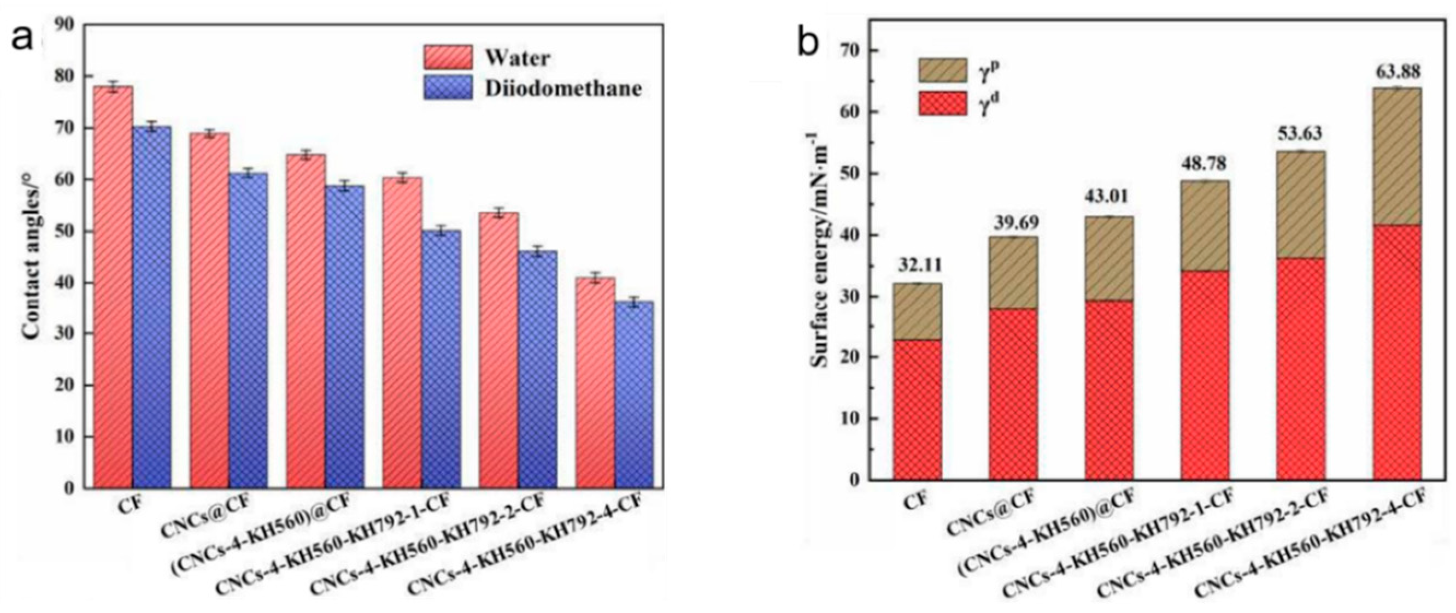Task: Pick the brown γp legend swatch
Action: click(x=942, y=70)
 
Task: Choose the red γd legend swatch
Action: click(x=942, y=103)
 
